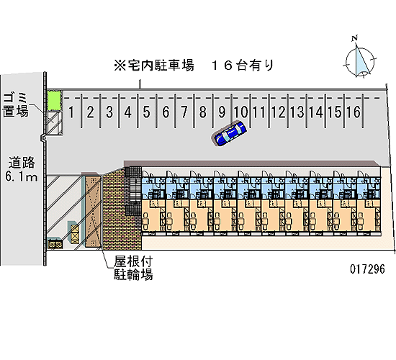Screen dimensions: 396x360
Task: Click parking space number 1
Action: pos(71,112)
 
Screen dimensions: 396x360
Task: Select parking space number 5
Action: pos(146,112)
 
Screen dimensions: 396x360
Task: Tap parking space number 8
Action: pos(202,112)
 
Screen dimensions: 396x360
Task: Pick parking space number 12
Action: pos(279,112)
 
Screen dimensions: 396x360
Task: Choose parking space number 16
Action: pos(354,112)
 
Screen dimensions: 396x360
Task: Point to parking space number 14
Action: pos(316,112)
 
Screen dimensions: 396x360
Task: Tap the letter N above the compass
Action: pos(355,38)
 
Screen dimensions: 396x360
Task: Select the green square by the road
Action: pos(54,100)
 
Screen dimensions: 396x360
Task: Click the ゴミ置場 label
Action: pos(15,105)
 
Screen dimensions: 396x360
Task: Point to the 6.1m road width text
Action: pos(22,176)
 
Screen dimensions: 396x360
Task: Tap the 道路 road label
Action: pos(22,163)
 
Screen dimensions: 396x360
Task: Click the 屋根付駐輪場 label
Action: pos(133,268)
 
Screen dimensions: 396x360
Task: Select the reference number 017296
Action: pos(367,269)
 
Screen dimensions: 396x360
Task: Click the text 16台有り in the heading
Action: pos(243,66)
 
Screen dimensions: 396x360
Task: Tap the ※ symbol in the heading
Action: pos(120,66)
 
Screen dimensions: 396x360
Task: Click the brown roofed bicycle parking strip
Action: pos(93,211)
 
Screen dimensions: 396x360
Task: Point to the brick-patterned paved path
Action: pos(116,210)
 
